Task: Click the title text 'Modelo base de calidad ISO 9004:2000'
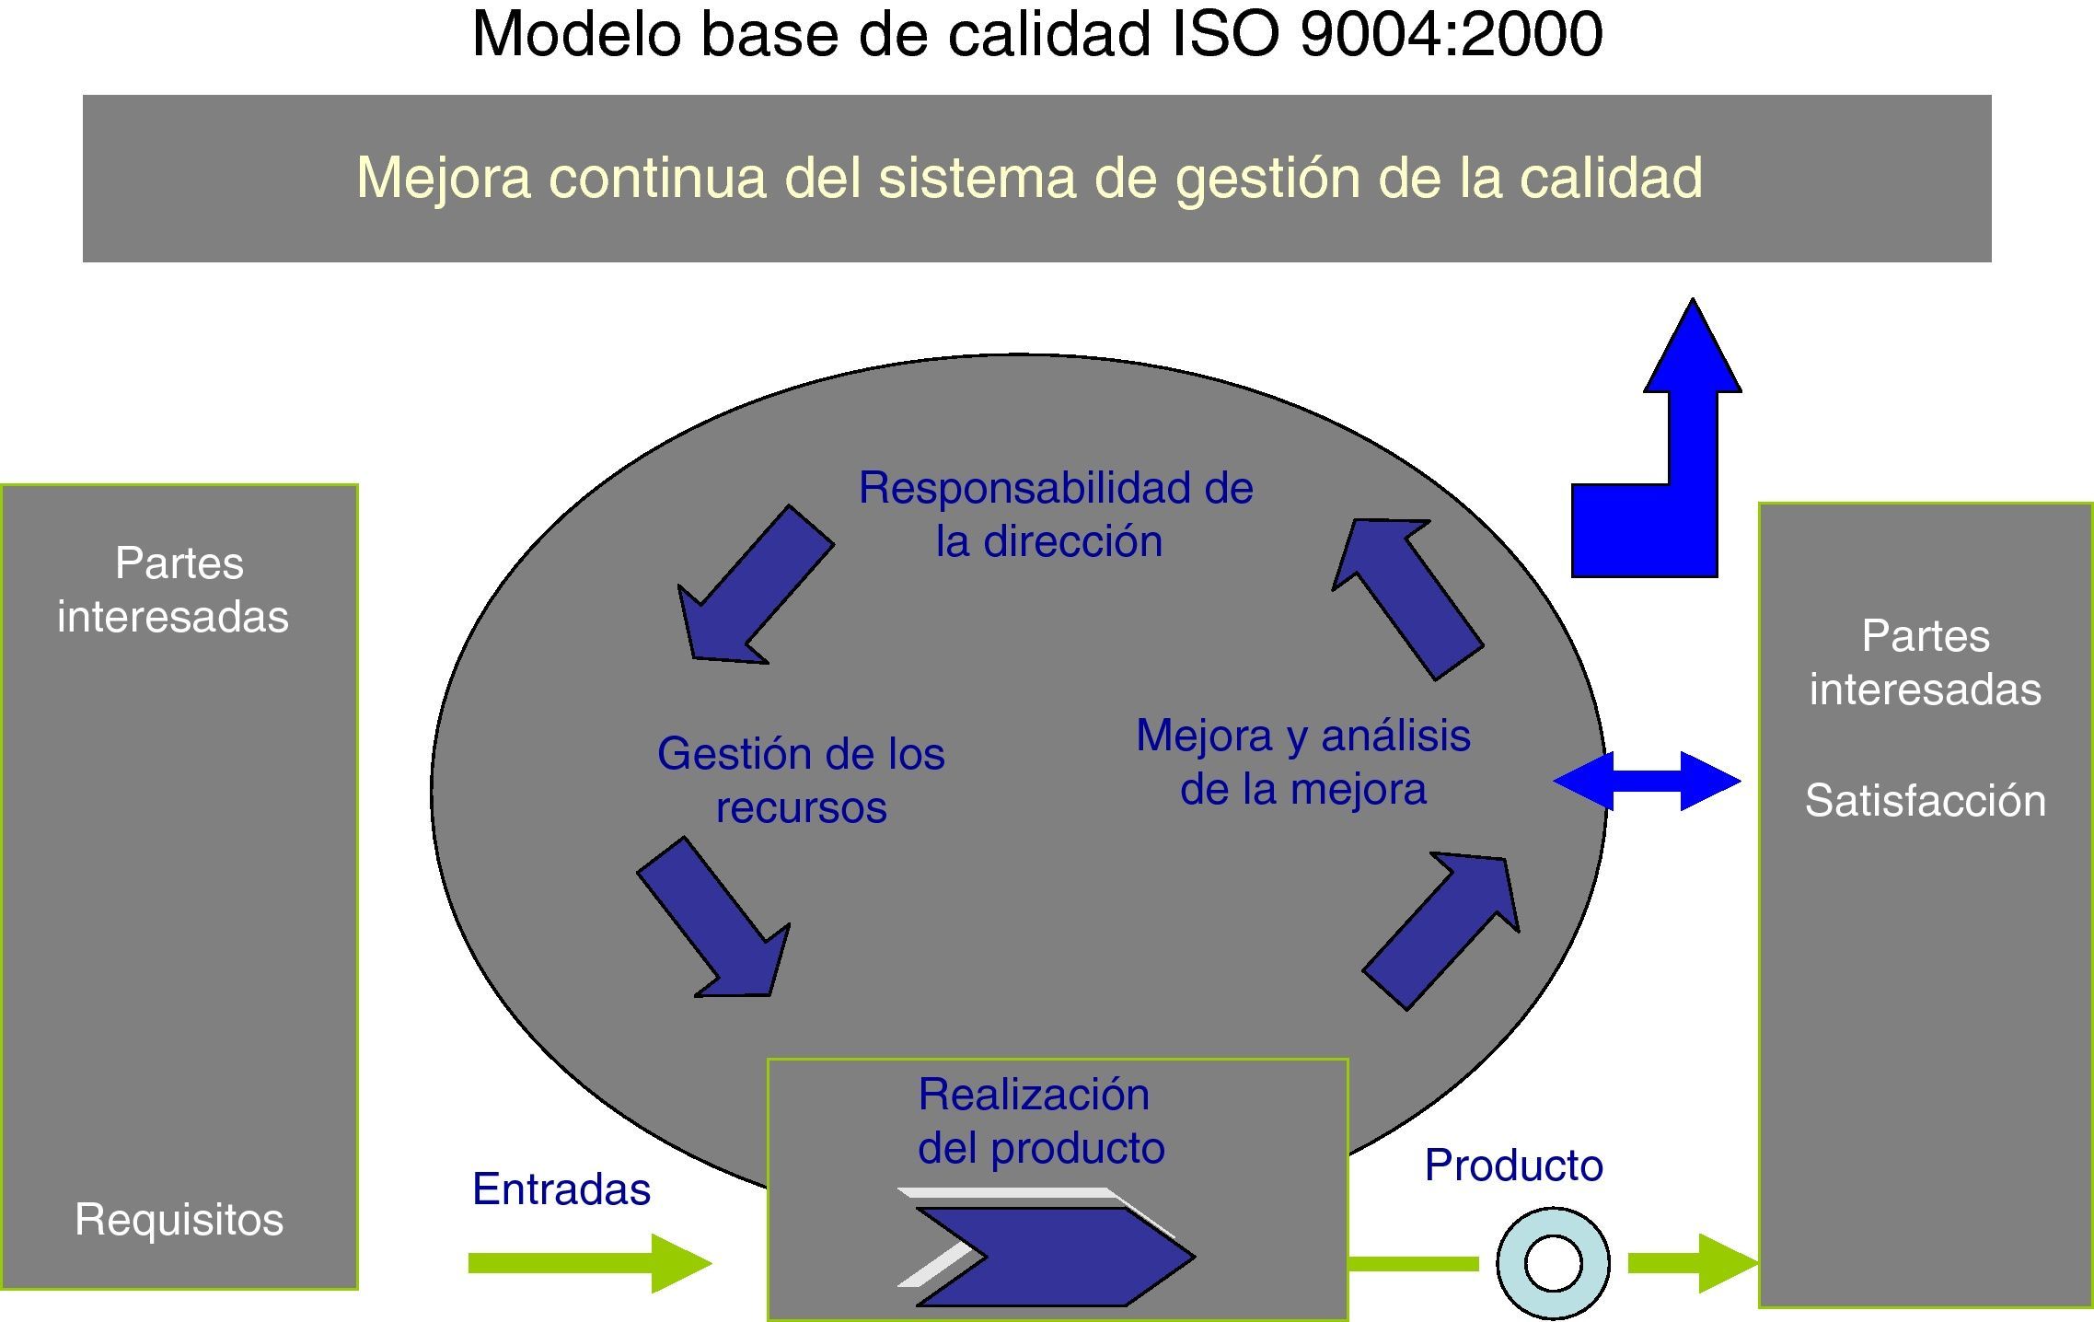coord(1037,35)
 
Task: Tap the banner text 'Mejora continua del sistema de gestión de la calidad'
coord(1029,178)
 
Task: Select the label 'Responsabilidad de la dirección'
coord(1055,514)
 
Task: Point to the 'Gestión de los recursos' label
coord(801,780)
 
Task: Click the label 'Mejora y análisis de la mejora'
coord(1303,761)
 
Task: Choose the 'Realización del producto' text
coord(1040,1120)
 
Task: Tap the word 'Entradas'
coord(561,1189)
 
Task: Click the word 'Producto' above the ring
coord(1513,1165)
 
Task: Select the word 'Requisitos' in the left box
coord(179,1219)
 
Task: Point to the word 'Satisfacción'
coord(1925,800)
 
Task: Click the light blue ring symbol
coord(1553,1263)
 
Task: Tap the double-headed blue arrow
coord(1647,781)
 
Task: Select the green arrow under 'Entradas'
coord(589,1263)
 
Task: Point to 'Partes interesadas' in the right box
coord(1925,662)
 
